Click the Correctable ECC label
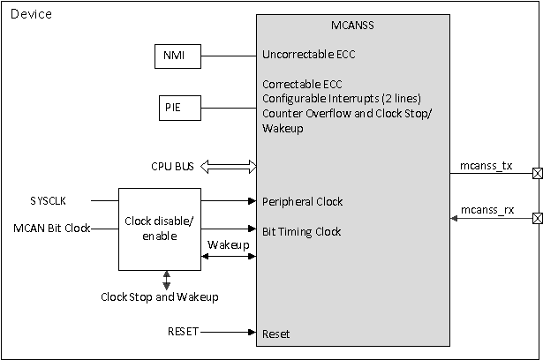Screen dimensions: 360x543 [300, 85]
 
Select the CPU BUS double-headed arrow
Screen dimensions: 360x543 [229, 166]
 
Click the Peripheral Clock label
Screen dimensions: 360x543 [302, 202]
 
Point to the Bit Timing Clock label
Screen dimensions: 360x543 [303, 232]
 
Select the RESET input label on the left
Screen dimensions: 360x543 [183, 333]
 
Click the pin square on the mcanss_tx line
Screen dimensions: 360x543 [537, 174]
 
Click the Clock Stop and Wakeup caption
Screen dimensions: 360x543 [160, 296]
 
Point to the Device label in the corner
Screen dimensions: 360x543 [30, 14]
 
